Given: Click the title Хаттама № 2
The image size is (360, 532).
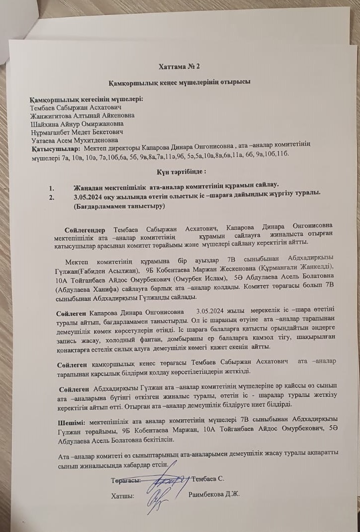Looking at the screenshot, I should [x=180, y=66].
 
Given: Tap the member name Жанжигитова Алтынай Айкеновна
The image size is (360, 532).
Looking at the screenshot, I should [x=82, y=115].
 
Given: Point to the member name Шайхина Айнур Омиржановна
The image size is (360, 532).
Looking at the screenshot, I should [x=78, y=124].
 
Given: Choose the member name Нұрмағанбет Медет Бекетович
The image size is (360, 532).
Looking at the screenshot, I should [x=77, y=132].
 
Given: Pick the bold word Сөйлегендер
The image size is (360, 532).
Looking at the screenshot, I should [x=85, y=230].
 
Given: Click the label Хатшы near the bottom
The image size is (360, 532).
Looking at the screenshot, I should [x=122, y=496].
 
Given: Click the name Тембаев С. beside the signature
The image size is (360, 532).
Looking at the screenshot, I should [x=208, y=479].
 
